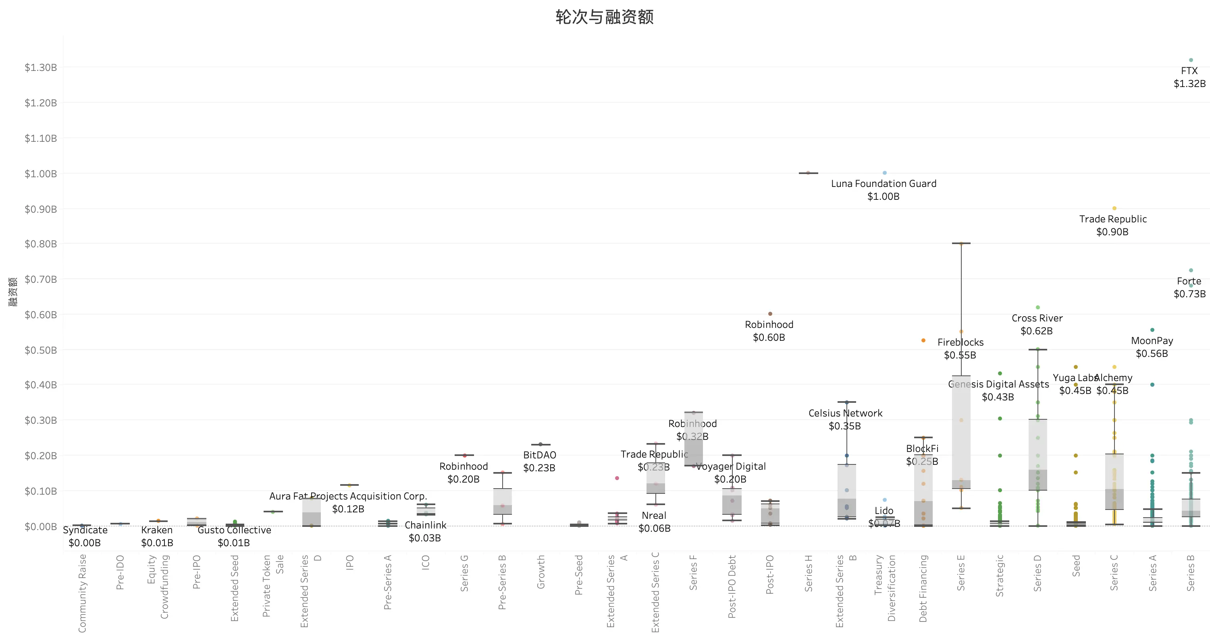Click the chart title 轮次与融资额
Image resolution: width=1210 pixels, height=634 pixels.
pos(605,17)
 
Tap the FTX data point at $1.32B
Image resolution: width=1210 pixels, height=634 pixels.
pos(1191,60)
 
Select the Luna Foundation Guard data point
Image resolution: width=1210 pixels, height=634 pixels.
pos(884,173)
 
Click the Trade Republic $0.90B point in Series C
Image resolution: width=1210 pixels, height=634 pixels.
pos(1114,208)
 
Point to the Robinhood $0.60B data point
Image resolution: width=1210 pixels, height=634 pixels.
pos(770,313)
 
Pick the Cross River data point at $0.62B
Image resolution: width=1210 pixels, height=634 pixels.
pos(1037,307)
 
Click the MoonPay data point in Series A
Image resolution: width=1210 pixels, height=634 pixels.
pos(1152,330)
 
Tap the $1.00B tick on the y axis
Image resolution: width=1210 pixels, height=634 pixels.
pos(40,174)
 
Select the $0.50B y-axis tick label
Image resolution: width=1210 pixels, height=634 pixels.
pos(40,350)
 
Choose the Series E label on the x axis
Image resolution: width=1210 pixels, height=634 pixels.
pos(961,572)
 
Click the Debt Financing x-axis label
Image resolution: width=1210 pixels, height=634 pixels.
pos(923,588)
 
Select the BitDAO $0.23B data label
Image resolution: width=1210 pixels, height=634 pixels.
pos(539,461)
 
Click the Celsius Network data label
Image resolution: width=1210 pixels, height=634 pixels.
pos(845,420)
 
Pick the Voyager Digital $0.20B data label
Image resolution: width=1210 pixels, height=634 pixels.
pos(730,472)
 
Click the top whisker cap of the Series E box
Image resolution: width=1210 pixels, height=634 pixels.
pos(961,243)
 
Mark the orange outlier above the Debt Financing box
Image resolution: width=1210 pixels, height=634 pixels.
pos(923,340)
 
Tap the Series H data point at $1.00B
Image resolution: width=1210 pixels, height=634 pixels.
pos(808,173)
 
